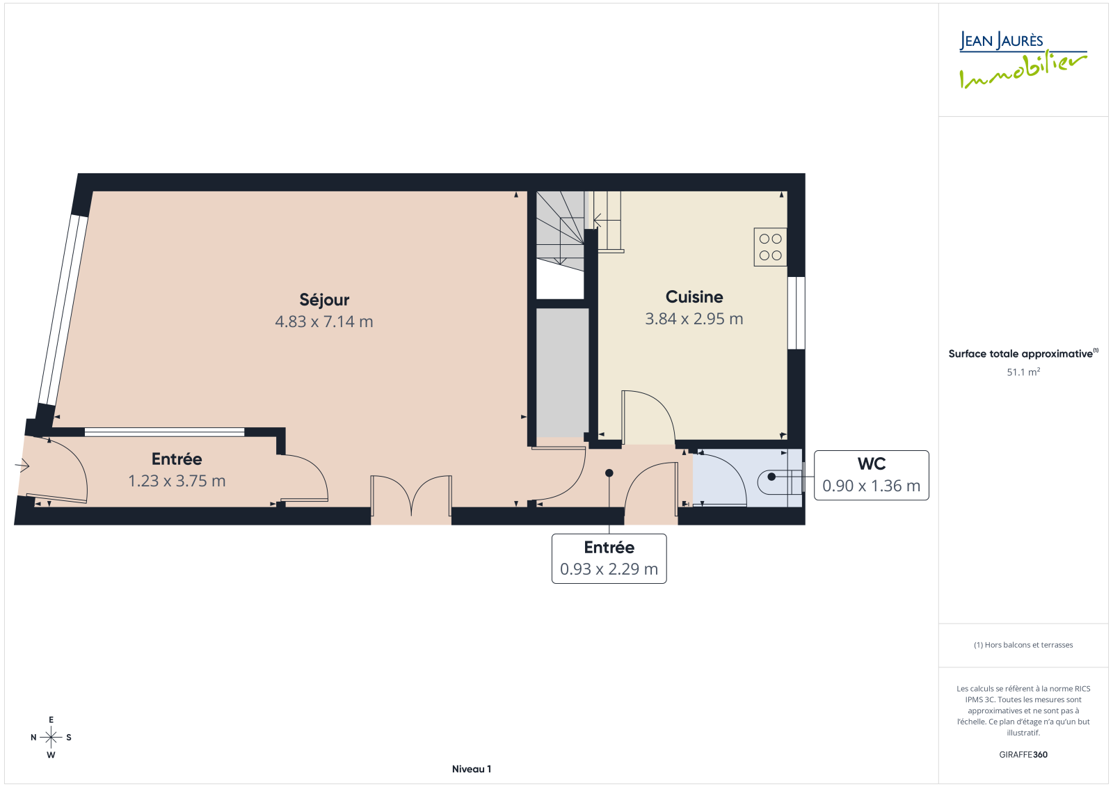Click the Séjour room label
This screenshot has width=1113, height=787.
click(x=324, y=300)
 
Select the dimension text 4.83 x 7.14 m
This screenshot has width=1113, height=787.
click(x=324, y=321)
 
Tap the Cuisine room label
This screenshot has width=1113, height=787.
click(x=694, y=297)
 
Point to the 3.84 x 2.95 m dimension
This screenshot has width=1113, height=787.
click(x=694, y=319)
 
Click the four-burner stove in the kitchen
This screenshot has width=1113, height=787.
click(x=770, y=247)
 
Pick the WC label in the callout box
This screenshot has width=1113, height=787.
click(x=872, y=464)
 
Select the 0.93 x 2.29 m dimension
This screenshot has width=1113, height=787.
click(x=609, y=569)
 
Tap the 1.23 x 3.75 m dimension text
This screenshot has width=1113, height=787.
click(x=177, y=481)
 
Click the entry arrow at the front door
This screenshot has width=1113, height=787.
click(x=22, y=466)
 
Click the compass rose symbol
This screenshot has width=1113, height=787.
click(x=51, y=737)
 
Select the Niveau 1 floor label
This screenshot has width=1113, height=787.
click(x=472, y=769)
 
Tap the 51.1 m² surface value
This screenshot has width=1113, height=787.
click(x=1023, y=372)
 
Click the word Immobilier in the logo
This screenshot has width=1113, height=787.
click(x=1023, y=71)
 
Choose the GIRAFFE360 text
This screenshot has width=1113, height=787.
click(x=1023, y=754)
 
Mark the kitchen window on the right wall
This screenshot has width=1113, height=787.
click(x=796, y=312)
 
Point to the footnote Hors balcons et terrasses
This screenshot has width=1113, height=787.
click(x=1023, y=645)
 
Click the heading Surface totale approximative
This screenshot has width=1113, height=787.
click(x=1020, y=354)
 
